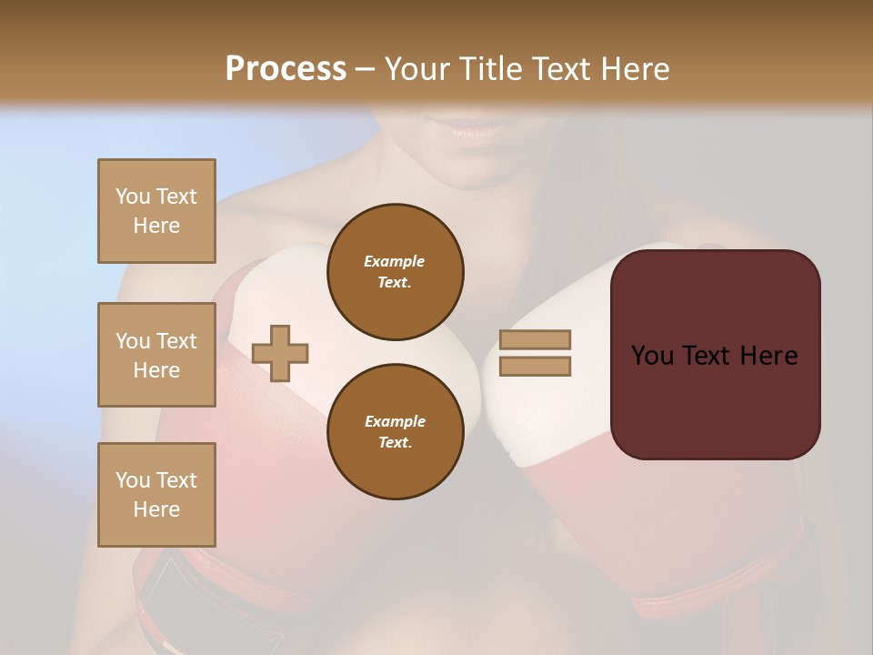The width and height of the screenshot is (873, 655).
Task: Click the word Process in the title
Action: coord(286,69)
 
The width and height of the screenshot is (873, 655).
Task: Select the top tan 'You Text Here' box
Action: coord(156,211)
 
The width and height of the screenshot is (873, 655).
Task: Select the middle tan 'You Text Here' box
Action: coord(156,355)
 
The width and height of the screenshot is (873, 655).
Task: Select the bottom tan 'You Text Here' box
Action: coord(156,495)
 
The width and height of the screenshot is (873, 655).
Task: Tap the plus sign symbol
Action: coord(280,353)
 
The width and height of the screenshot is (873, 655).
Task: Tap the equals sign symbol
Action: coord(535,353)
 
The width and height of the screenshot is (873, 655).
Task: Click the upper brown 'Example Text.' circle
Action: coord(395,272)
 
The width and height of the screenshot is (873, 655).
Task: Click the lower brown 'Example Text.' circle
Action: coord(395,432)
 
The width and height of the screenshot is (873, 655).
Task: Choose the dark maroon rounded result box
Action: coord(715,355)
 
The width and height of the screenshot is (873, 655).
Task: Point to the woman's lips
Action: coord(472,132)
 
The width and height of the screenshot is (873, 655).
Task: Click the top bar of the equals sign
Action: coord(535,340)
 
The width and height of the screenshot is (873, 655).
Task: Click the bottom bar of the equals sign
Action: coord(535,366)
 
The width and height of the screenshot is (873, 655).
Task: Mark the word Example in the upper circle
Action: coord(395,262)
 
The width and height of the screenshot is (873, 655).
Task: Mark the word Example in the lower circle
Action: coord(395,422)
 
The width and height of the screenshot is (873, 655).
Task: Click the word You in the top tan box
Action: coord(131,196)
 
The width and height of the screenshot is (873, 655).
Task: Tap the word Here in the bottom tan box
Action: coord(156,509)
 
